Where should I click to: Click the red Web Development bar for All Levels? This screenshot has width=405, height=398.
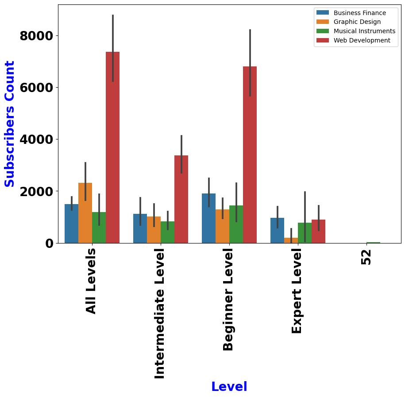click(x=112, y=147)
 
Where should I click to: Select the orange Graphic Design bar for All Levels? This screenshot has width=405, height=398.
click(x=85, y=213)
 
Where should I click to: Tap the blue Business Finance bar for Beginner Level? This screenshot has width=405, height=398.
click(x=209, y=218)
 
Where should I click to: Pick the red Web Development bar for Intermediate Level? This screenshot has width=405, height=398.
click(x=181, y=199)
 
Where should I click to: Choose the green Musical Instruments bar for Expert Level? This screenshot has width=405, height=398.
click(x=305, y=233)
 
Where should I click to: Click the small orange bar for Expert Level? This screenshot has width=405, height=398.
click(x=291, y=240)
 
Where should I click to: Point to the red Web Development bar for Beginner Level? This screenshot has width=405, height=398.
click(x=250, y=155)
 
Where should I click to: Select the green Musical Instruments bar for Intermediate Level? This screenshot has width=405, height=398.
click(x=168, y=232)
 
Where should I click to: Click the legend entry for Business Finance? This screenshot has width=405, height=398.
click(x=351, y=13)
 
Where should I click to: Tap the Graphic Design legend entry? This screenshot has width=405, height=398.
click(x=349, y=22)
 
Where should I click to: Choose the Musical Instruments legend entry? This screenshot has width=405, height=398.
click(x=356, y=31)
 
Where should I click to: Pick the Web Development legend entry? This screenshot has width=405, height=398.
click(x=353, y=40)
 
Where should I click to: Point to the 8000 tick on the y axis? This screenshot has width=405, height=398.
click(x=36, y=36)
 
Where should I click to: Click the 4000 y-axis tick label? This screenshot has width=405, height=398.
click(x=36, y=139)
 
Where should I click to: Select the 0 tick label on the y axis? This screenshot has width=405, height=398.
click(x=49, y=243)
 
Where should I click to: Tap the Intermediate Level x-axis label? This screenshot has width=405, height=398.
click(x=159, y=314)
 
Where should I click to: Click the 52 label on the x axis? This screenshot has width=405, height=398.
click(x=366, y=257)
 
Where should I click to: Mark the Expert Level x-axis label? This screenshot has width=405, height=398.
click(x=297, y=291)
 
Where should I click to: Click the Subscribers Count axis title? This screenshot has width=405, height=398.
click(x=9, y=124)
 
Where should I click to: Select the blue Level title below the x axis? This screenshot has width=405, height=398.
click(x=229, y=386)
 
